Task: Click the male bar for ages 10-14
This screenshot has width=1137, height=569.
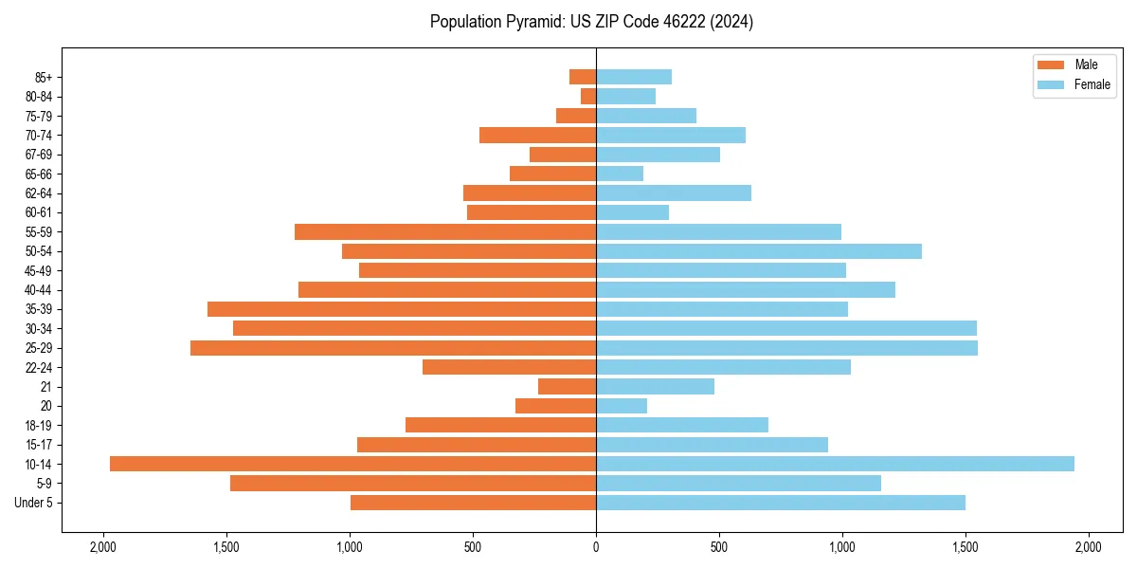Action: pyautogui.click(x=352, y=464)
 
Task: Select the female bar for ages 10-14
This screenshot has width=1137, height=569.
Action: pyautogui.click(x=835, y=464)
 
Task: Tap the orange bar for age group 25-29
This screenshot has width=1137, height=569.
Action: pyautogui.click(x=393, y=348)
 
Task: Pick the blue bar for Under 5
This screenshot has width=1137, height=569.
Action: pyautogui.click(x=781, y=503)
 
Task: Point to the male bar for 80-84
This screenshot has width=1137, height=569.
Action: pyautogui.click(x=588, y=96)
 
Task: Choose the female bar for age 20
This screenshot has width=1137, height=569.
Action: pyautogui.click(x=622, y=406)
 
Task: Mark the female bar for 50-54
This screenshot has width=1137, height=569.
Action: pyautogui.click(x=759, y=251)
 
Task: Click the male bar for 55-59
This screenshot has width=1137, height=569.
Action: pyautogui.click(x=445, y=232)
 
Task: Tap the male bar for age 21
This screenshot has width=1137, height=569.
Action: pyautogui.click(x=568, y=387)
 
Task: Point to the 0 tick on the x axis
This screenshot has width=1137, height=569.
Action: pyautogui.click(x=596, y=546)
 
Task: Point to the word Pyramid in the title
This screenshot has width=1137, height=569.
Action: pyautogui.click(x=533, y=22)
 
